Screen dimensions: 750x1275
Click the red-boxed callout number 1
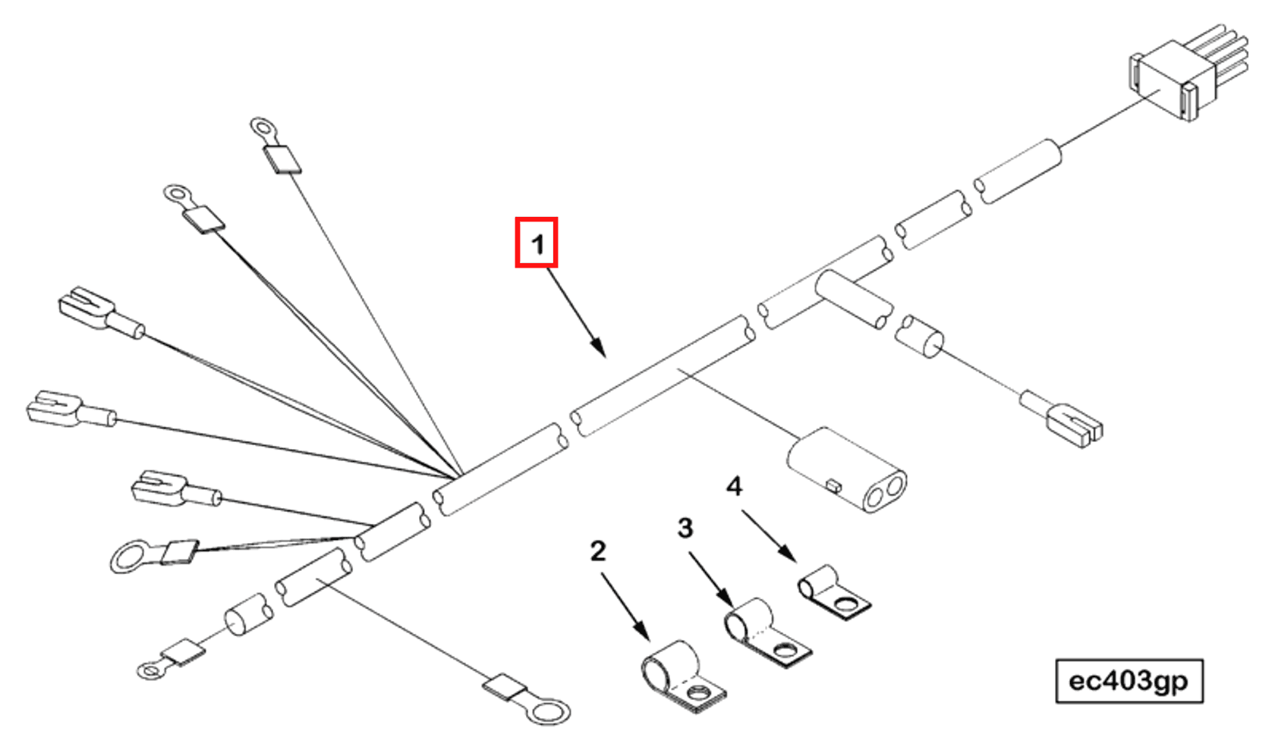click(537, 243)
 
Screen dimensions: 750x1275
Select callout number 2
click(597, 551)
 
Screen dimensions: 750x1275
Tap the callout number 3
click(685, 528)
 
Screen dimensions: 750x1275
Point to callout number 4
click(733, 486)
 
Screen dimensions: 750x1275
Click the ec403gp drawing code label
click(1129, 681)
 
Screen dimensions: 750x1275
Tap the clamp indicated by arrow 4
click(833, 592)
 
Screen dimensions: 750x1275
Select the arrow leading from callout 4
click(769, 535)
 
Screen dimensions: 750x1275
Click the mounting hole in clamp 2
click(697, 694)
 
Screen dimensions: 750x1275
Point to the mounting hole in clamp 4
click(844, 604)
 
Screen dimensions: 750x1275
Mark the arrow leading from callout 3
click(710, 578)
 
